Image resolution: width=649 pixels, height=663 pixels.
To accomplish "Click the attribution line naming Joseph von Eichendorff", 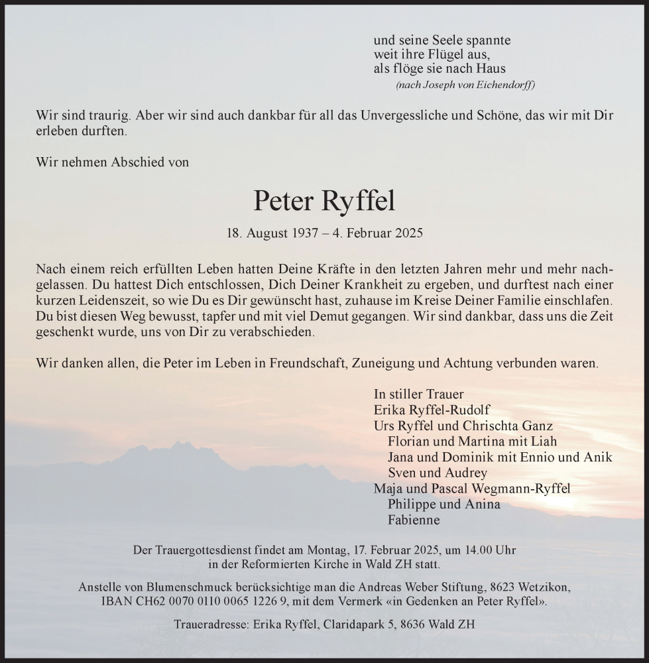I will pyautogui.click(x=465, y=85).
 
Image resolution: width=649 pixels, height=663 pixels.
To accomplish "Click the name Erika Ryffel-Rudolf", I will pyautogui.click(x=432, y=409).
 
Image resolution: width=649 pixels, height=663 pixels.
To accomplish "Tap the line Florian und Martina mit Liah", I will pyautogui.click(x=472, y=441).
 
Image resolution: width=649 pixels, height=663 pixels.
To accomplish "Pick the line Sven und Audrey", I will pyautogui.click(x=438, y=473).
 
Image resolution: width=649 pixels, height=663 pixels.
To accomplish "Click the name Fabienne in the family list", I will pyautogui.click(x=414, y=520).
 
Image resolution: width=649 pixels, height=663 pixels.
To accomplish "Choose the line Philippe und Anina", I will pyautogui.click(x=443, y=504).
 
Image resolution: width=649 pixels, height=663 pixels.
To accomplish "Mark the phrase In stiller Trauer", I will pyautogui.click(x=418, y=393).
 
